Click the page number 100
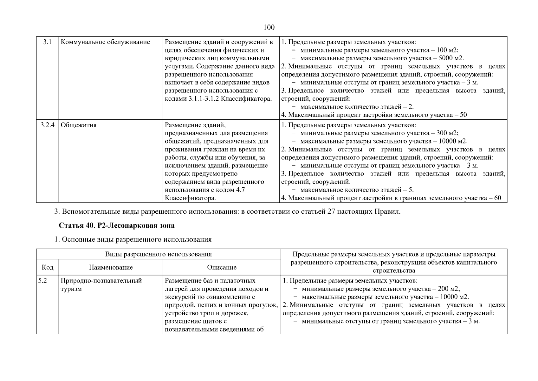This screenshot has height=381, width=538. pos(269,27)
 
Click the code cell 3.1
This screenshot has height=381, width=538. pos(47,42)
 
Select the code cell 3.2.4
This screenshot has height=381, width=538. pos(47,125)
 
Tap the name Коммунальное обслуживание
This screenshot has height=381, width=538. pos(105,42)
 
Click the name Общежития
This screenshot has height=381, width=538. pos(79,125)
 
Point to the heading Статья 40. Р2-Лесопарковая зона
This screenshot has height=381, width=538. pos(116,226)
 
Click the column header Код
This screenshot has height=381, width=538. pos(48,267)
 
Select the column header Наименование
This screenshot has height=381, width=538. pos(111,267)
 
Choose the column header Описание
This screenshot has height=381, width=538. pos(222,267)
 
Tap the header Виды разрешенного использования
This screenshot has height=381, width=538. pos(159,254)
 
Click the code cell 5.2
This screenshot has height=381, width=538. pos(42,281)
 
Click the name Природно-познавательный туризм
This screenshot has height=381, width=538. pos(101,285)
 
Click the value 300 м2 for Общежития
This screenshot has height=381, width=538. pos(447,133)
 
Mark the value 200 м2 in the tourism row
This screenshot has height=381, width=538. pos(449,289)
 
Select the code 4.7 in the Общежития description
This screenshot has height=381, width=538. pos(240,190)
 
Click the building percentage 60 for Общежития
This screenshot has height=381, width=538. pos(497,198)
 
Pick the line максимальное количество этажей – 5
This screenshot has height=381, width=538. pos(357,190)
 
